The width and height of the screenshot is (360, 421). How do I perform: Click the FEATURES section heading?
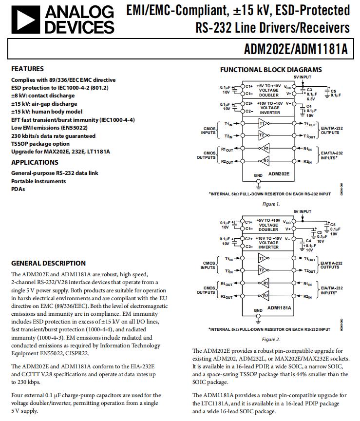(x=27, y=69)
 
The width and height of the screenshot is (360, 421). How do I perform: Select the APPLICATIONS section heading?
(x=35, y=162)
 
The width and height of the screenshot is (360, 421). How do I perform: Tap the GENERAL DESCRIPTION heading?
(x=48, y=263)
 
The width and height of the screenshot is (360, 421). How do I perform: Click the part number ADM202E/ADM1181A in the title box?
(x=297, y=50)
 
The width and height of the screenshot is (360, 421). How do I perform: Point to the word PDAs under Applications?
(x=18, y=189)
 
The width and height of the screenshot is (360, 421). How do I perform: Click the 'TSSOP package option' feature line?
(x=40, y=144)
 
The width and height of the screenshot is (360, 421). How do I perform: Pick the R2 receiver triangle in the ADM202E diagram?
(x=265, y=161)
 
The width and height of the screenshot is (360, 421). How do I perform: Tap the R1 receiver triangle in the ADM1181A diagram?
(x=265, y=283)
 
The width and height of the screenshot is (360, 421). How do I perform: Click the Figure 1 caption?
(x=271, y=204)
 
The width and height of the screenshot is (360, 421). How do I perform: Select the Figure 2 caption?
(x=271, y=339)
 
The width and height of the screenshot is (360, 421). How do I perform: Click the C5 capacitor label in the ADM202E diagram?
(x=333, y=91)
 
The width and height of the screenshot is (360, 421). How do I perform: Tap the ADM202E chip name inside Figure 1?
(x=279, y=173)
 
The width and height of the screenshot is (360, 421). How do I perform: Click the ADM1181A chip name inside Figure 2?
(x=279, y=308)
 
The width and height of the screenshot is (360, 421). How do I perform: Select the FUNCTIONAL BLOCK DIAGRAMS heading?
(x=271, y=70)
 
